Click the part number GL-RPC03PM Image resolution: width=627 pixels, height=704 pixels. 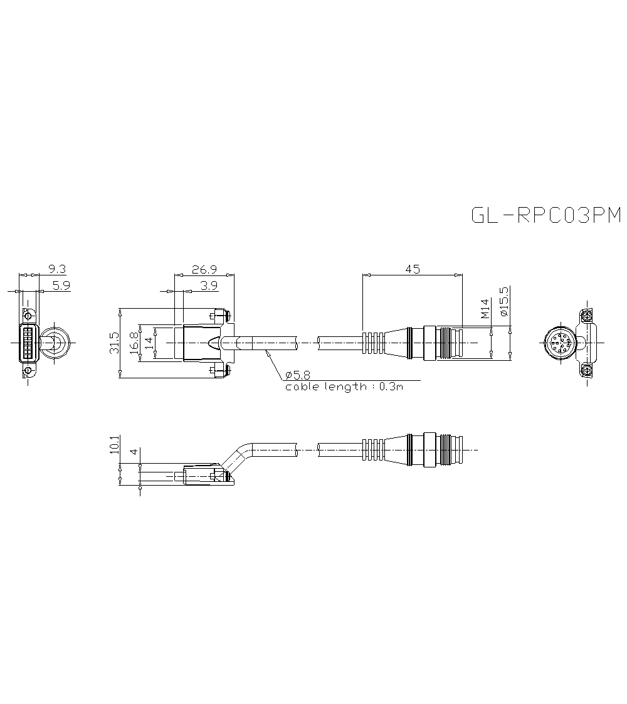click(x=545, y=215)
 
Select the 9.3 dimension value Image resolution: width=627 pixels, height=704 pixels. click(x=56, y=269)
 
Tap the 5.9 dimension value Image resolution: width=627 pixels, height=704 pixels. click(x=61, y=285)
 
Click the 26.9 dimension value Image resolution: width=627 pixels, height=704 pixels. click(x=204, y=269)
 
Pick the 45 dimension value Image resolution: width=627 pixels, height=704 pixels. click(x=412, y=269)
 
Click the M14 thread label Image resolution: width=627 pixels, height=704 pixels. click(x=485, y=309)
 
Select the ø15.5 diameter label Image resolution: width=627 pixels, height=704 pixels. click(x=504, y=301)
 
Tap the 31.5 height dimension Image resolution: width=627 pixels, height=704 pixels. click(x=113, y=343)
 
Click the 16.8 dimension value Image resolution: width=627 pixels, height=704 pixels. click(x=134, y=343)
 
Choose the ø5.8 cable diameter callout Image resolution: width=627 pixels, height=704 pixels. click(x=297, y=375)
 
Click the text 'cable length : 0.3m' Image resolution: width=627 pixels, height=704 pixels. click(x=344, y=387)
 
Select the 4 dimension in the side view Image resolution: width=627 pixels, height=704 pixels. click(x=133, y=452)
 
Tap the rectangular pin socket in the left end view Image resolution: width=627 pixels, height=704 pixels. click(x=28, y=343)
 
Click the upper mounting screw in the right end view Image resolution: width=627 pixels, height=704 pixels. click(x=586, y=315)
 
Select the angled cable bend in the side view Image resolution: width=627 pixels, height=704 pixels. click(x=236, y=456)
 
